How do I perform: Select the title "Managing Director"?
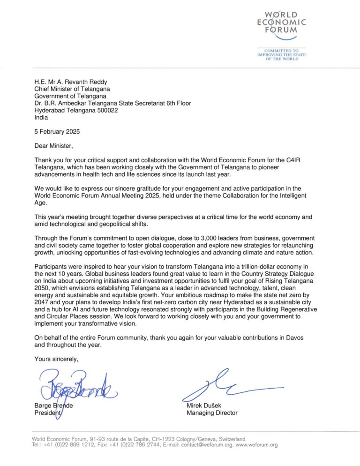coord(212,413)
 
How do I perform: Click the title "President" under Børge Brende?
coord(48,413)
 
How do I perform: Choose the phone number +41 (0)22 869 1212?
coord(67,445)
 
